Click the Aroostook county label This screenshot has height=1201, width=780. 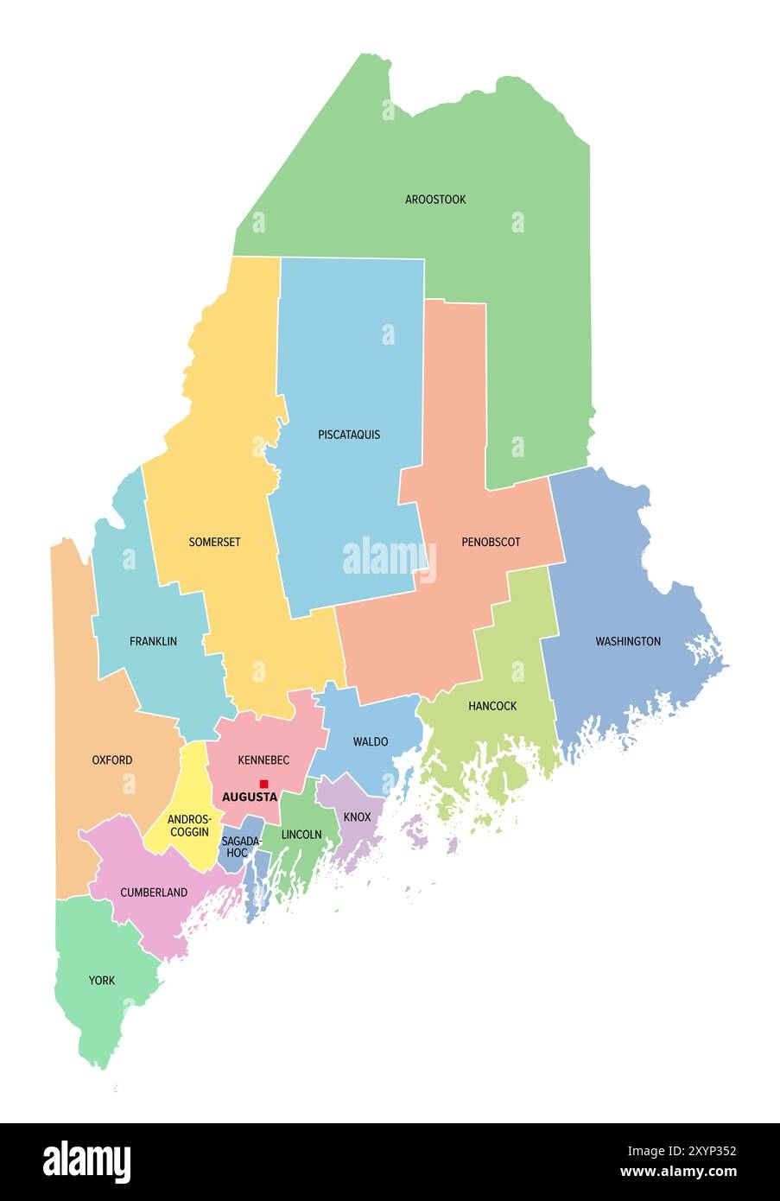point(435,200)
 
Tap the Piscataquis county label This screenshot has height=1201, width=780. point(349,435)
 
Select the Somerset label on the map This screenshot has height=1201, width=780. point(214,543)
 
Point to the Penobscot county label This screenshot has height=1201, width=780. point(491,543)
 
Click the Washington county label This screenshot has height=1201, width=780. point(628,641)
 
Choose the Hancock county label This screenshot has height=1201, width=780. point(492,706)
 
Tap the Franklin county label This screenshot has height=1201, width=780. point(153,641)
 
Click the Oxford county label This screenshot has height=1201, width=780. point(112,760)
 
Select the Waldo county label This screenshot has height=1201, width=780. point(371,741)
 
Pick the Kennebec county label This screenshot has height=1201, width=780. point(263,760)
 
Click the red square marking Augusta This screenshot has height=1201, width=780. point(263,784)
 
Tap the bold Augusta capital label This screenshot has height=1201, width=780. point(250,797)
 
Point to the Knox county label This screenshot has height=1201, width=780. point(357,817)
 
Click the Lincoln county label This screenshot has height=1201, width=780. point(301,835)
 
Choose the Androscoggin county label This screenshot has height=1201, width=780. point(188,825)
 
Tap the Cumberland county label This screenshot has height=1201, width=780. point(154,893)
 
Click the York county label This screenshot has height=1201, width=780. point(101,981)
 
